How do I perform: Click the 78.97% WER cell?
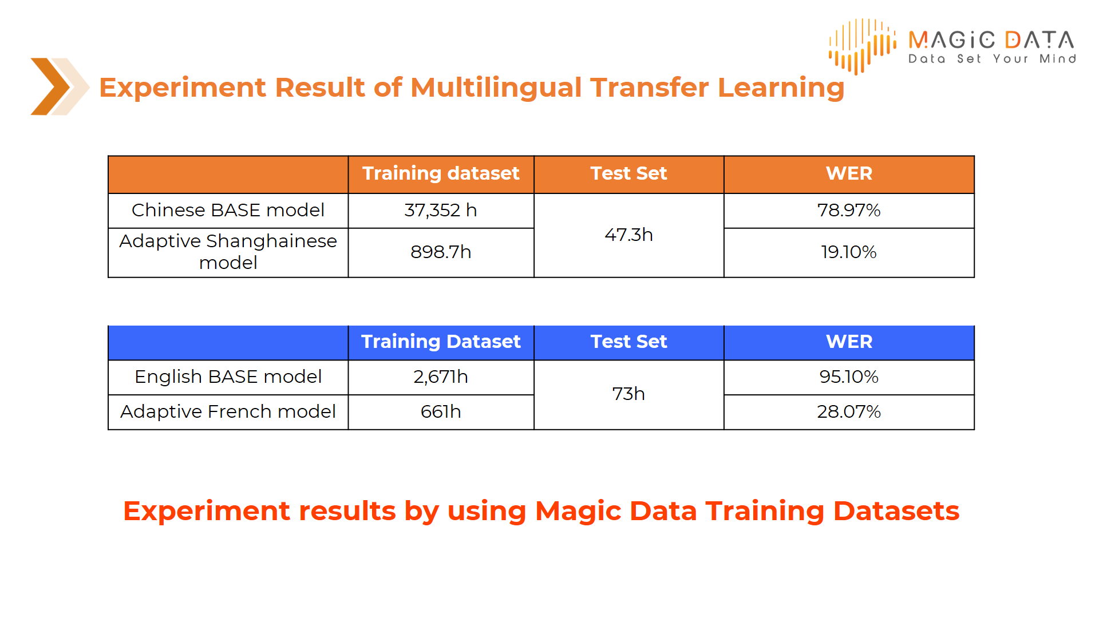point(849,211)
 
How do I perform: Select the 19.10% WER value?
point(849,252)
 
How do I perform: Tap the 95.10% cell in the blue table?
point(849,377)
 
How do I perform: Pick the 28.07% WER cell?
point(849,412)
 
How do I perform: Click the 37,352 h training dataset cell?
point(441,211)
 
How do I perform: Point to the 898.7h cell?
point(441,252)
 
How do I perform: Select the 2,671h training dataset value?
point(441,377)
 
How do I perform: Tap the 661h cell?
point(441,412)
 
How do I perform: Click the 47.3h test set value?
point(628,235)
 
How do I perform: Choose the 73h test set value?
point(628,394)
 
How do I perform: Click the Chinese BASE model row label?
point(228,211)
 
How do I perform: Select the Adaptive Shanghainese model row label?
point(228,252)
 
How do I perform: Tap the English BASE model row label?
point(228,377)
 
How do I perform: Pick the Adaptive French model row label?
point(228,412)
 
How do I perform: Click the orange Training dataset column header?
point(441,173)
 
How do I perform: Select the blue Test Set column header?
point(628,342)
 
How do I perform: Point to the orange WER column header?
point(849,173)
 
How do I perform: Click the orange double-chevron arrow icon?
point(59,86)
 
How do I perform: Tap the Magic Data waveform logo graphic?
point(862,46)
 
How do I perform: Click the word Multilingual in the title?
point(496,88)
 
